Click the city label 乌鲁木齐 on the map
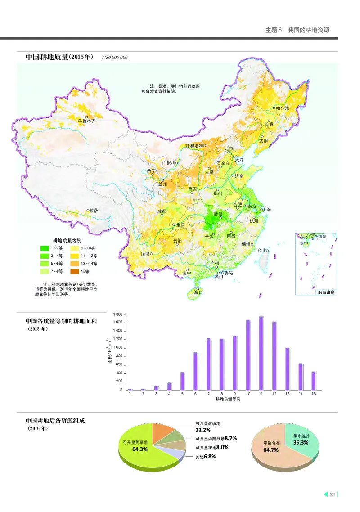[x=87, y=121]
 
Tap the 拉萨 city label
[x=93, y=210]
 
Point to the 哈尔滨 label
[x=284, y=108]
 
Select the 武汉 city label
[x=218, y=214]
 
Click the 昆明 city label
[x=145, y=253]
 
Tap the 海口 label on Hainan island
[x=198, y=292]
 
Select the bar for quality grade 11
[x=261, y=353]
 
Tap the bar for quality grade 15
[x=314, y=381]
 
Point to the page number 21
[x=333, y=495]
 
